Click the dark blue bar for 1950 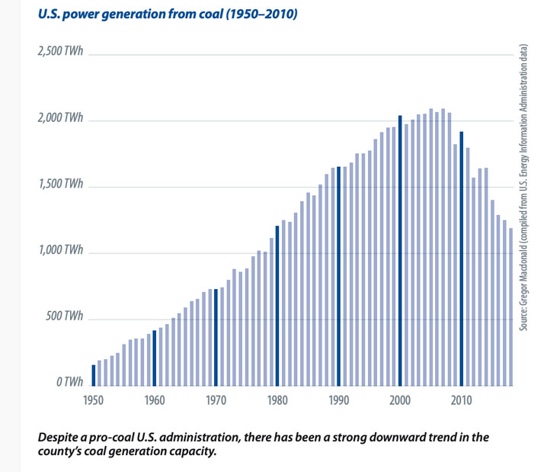94,376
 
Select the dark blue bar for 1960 155,358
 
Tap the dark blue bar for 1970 216,338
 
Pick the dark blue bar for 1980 277,307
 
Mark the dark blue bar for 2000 400,251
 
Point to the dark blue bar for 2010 462,259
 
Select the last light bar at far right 510,308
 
